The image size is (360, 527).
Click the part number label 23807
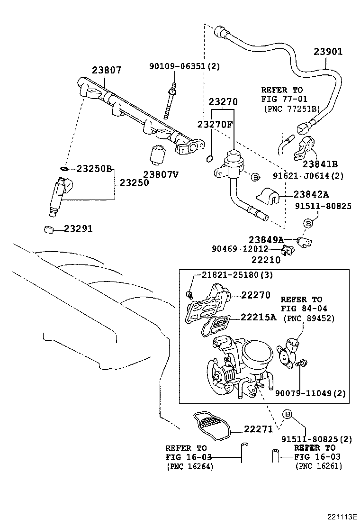tap(107, 70)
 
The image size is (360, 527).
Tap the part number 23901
tap(326, 52)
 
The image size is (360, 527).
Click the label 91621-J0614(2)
tap(307, 176)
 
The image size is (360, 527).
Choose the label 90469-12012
tap(240, 249)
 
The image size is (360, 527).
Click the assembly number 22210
tap(266, 260)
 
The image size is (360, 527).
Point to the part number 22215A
tap(258, 317)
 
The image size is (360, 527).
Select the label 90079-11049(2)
tap(311, 393)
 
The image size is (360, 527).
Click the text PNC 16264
tap(190, 466)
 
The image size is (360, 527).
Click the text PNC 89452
tap(309, 318)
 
